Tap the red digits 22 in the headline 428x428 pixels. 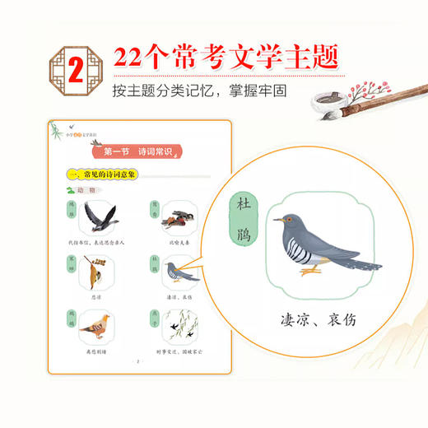click(134, 58)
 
